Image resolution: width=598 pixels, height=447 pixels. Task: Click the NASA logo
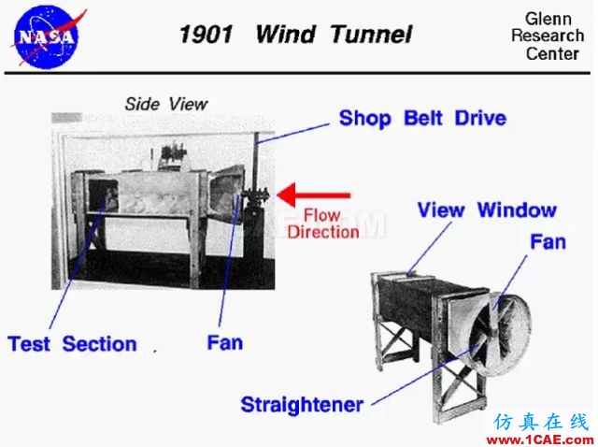point(46,36)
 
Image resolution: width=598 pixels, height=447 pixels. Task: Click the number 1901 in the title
point(206,35)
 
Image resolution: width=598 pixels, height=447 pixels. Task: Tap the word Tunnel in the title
point(371,35)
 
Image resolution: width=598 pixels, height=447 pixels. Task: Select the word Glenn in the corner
point(548,19)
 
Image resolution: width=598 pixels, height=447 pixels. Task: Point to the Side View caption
point(166,104)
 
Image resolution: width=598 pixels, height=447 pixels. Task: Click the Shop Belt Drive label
point(422,118)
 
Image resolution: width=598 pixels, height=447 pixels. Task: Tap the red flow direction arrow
point(314,195)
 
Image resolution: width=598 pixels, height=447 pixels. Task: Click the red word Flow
point(321,216)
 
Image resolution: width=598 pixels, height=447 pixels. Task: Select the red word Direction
point(323,232)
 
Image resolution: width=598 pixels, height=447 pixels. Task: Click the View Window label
point(487,210)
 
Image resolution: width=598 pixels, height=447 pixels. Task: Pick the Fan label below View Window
point(548,242)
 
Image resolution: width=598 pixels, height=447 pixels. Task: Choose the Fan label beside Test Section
point(224,342)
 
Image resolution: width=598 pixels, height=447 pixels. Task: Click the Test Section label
point(72,343)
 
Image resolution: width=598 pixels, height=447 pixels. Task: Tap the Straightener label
point(302,405)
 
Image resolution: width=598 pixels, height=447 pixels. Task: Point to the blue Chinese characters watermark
point(541,422)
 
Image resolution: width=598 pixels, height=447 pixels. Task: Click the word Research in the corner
point(548,36)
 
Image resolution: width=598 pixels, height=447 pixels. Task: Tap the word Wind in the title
point(285,35)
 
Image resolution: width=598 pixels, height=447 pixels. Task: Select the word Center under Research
point(552,53)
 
